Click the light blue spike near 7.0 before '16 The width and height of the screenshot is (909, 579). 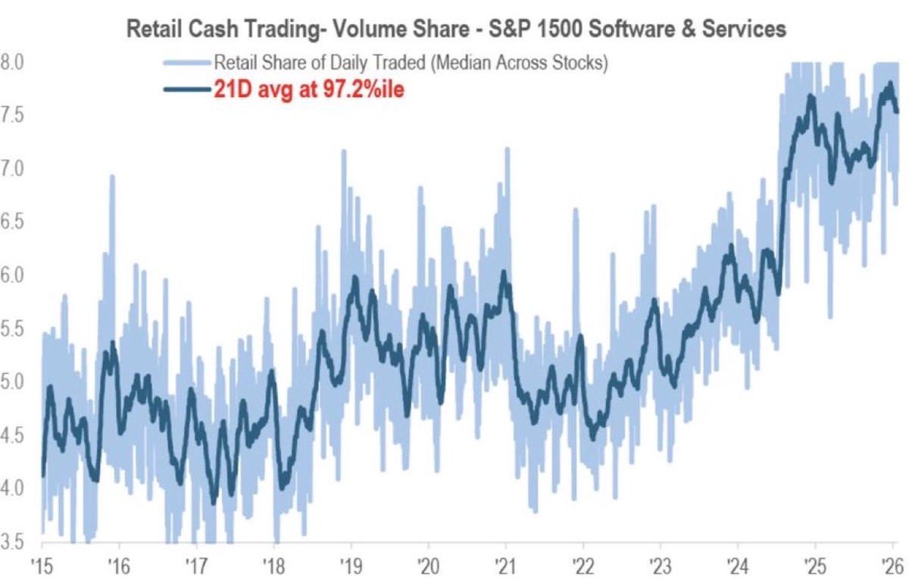(x=112, y=179)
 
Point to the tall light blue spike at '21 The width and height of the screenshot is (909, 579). (x=506, y=152)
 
